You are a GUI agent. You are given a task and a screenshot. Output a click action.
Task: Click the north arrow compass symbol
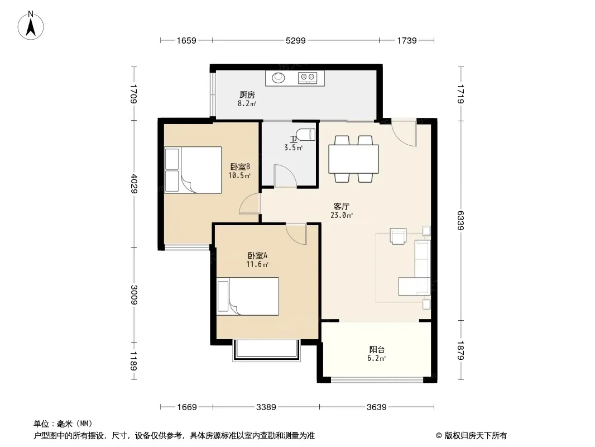(31, 26)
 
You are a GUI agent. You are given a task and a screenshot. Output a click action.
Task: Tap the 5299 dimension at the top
(296, 40)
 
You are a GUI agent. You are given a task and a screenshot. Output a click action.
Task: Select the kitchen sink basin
(279, 78)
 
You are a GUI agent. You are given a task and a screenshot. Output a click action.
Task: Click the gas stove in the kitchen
(308, 78)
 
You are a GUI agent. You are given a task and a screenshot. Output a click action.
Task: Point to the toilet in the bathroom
(305, 135)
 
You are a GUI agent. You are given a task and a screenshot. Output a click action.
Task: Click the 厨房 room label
(247, 94)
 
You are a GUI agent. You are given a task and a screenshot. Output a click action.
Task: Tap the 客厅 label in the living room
(341, 206)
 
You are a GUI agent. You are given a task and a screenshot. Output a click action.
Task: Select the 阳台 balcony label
(377, 349)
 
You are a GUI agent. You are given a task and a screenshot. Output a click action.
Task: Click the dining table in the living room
(353, 159)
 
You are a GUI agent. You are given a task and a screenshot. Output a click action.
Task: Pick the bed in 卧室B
(193, 170)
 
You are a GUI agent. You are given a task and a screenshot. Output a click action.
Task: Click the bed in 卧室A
(248, 296)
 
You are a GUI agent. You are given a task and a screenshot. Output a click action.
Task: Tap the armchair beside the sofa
(398, 235)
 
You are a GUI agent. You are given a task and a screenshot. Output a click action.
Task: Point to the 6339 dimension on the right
(460, 221)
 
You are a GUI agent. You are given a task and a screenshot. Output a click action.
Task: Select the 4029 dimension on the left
(133, 183)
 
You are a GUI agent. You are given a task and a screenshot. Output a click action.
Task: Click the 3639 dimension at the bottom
(376, 407)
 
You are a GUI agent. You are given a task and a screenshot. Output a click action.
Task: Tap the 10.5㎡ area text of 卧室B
(239, 175)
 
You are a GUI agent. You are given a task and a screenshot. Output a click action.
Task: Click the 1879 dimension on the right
(460, 350)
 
